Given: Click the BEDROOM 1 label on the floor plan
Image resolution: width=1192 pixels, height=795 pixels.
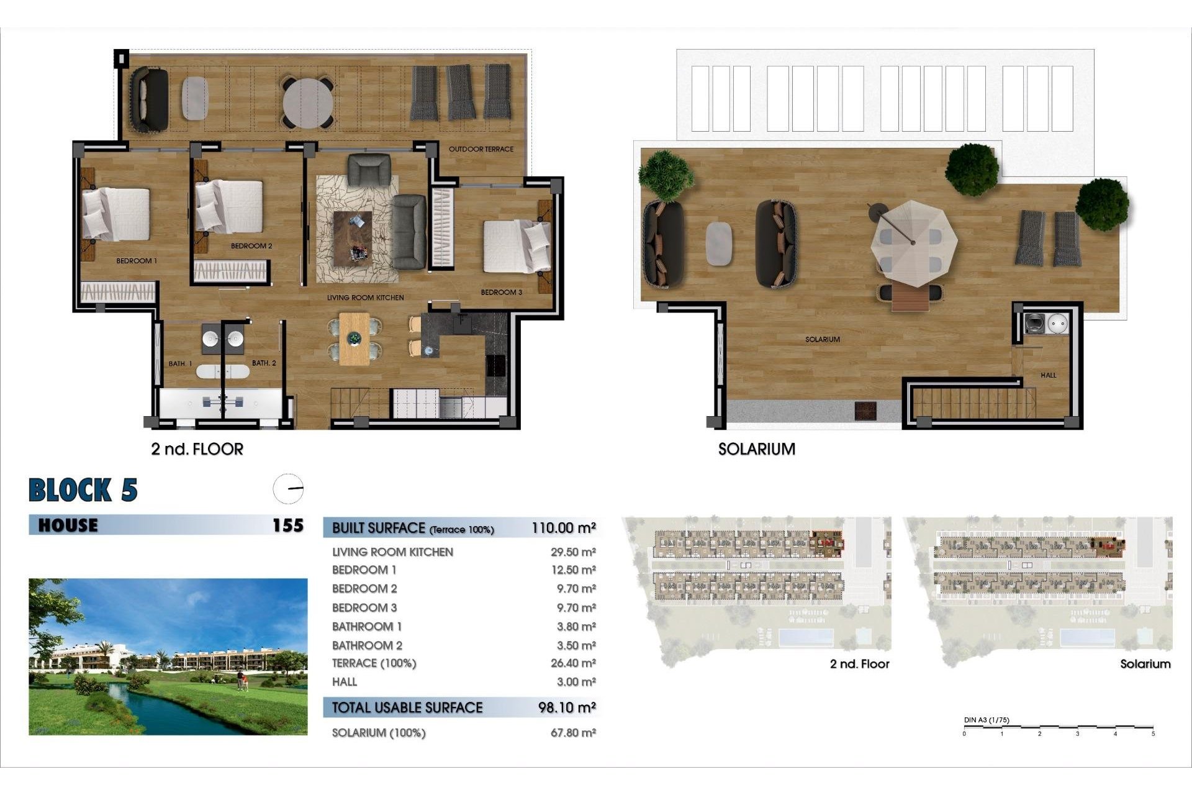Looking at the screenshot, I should pos(137,261).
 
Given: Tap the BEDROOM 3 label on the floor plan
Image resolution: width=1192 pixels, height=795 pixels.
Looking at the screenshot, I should pos(502,292).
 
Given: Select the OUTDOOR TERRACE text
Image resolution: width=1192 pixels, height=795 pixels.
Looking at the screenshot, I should pos(481,149).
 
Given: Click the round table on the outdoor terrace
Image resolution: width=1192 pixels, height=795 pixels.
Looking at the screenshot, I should pos(308,102).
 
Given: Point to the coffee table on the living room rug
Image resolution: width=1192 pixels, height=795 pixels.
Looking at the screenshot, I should pos(353,238).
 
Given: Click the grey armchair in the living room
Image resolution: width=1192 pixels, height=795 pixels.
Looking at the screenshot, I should pos(369,170).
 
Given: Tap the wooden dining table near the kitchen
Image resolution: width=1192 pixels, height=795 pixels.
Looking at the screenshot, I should pos(354,339).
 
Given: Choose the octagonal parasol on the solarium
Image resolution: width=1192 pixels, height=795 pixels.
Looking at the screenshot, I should pos(913,242).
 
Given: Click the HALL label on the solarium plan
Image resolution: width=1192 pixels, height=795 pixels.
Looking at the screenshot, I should pos(1049,375).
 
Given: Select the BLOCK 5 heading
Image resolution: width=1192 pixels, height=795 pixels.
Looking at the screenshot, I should pos(83,490).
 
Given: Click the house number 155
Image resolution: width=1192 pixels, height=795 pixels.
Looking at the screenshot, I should pos(288,525).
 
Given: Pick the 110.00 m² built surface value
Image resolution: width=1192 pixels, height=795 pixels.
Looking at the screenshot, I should pos(564,528).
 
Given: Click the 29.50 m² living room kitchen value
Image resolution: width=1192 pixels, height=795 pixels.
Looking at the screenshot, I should pos(573,552).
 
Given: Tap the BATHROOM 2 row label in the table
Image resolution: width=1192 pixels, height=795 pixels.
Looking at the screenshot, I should pos(367,645).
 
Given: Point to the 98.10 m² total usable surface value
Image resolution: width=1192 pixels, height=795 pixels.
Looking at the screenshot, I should pos(567,707).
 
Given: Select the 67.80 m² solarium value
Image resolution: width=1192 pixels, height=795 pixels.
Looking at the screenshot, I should pos(573,733).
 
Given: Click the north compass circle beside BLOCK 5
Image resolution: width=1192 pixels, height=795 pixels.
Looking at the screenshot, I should pos(289,489).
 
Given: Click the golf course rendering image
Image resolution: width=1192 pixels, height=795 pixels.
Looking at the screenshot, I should pos(168,656).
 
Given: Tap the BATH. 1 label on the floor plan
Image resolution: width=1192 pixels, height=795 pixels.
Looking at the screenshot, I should pos(181,363).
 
